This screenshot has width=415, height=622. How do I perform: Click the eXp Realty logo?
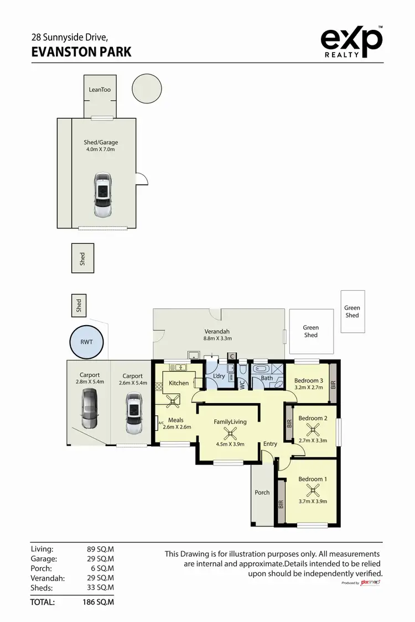click(x=351, y=41)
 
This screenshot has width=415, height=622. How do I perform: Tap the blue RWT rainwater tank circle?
click(x=86, y=342)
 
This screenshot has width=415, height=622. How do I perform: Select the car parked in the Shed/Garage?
click(x=102, y=195)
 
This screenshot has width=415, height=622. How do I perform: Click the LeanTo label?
click(x=100, y=90)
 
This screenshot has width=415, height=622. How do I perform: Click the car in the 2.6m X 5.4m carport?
click(x=133, y=413)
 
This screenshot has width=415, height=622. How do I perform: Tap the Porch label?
click(x=262, y=492)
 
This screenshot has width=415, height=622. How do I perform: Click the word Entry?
click(x=270, y=444)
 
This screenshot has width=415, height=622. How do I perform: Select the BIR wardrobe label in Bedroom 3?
click(x=333, y=382)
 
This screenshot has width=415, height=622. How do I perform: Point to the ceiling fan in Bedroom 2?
click(x=313, y=428)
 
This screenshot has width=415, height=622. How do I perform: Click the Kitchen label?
click(x=179, y=383)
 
